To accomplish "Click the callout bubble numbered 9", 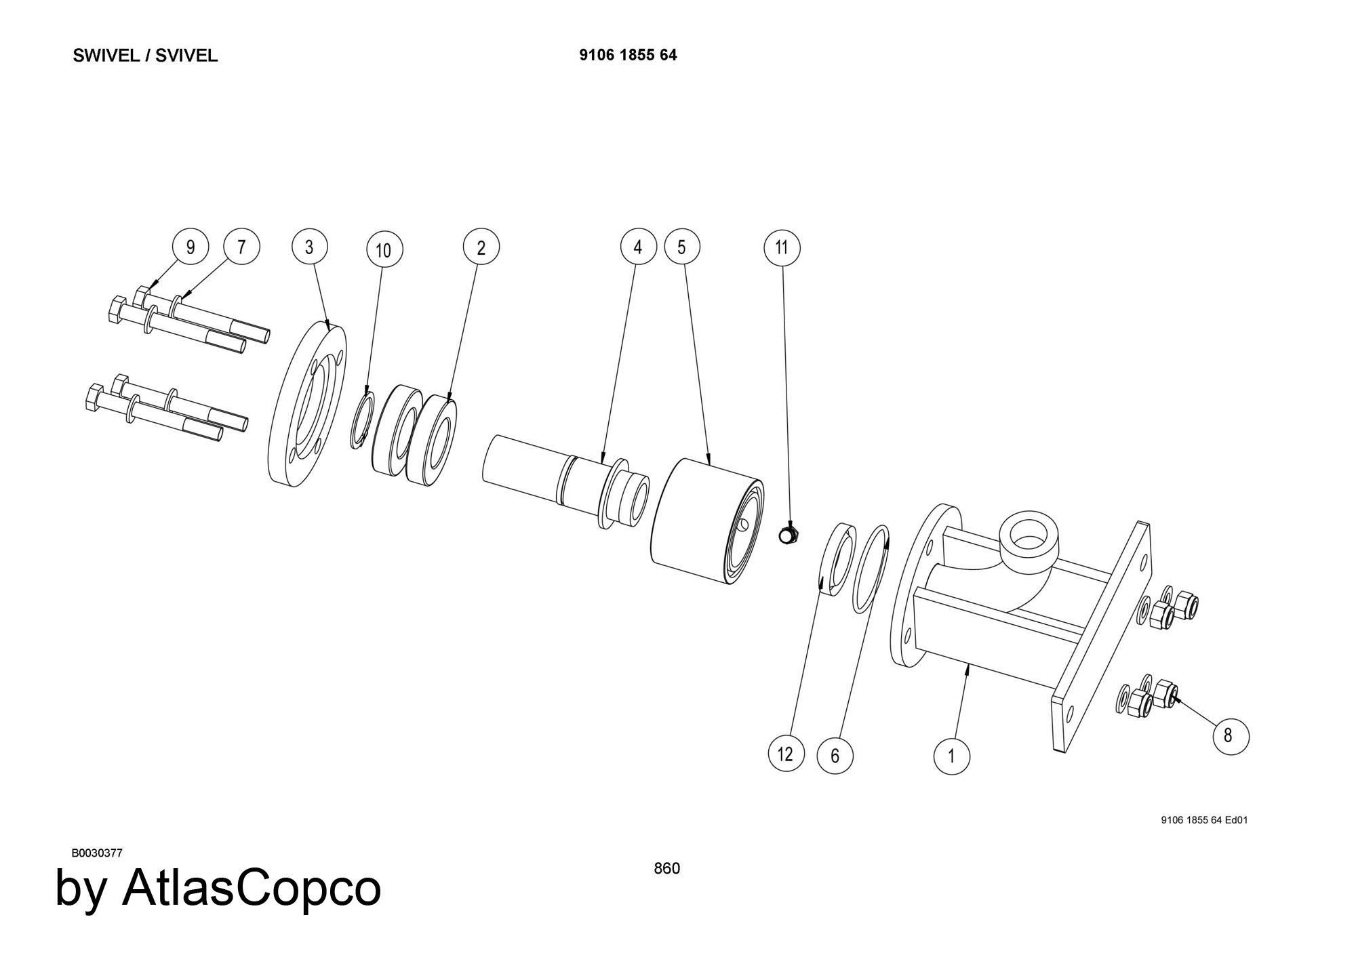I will point(190,247).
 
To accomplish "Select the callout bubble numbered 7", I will point(241,246).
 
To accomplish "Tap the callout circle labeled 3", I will point(310,247).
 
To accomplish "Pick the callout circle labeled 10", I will point(384,250).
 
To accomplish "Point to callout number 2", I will point(481,247).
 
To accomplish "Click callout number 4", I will point(638,247).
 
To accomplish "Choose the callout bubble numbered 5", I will point(682,247).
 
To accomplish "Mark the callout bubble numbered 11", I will point(782,247).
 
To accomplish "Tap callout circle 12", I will point(786,754).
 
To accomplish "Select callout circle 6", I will point(835,755).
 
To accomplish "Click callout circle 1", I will point(951,756).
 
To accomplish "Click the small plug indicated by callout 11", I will point(787,535).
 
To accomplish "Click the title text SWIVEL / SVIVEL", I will point(145,56).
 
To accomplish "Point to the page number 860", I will point(666,868).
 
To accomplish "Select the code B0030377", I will point(97,853).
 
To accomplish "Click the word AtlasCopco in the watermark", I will point(251,888).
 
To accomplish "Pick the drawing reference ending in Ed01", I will point(1204,820).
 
